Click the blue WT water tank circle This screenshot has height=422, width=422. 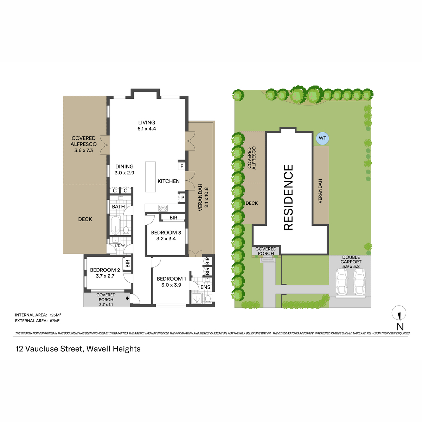[x=322, y=138]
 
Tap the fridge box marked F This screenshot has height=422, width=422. [x=181, y=166]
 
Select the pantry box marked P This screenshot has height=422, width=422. [x=183, y=198]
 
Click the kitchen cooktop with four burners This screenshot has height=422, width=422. [x=163, y=208]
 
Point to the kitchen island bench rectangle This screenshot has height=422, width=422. [x=151, y=177]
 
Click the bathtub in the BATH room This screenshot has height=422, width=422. [x=115, y=225]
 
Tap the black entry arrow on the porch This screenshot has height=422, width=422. [x=128, y=298]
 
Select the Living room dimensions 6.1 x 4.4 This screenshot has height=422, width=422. [x=147, y=129]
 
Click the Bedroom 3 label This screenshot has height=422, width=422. [x=166, y=232]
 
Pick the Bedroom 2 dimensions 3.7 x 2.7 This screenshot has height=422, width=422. [x=105, y=276]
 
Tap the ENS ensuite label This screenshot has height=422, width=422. [x=205, y=287]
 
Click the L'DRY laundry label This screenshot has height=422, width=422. [x=120, y=246]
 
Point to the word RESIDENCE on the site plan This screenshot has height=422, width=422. [x=288, y=197]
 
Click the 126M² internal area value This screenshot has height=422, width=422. [x=56, y=315]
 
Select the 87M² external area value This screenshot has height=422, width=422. [x=55, y=321]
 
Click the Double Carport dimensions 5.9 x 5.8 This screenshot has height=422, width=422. [x=351, y=267]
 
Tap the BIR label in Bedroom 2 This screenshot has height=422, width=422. [x=128, y=263]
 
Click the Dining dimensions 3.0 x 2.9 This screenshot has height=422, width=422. [x=124, y=173]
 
